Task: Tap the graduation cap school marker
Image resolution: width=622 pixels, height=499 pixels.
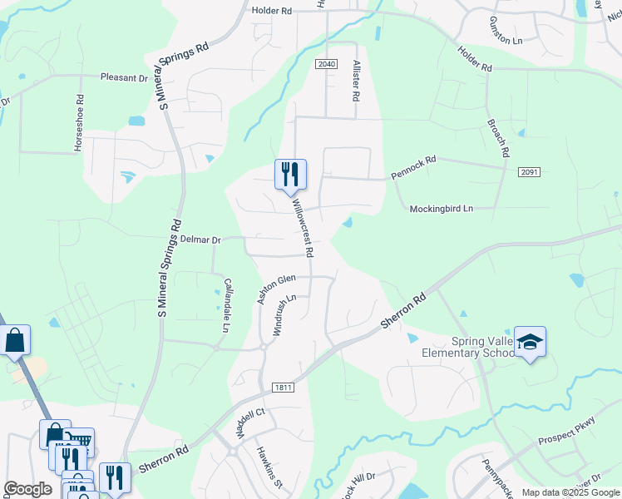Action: tap(530, 343)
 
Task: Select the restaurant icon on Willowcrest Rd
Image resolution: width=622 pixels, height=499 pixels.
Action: tap(290, 175)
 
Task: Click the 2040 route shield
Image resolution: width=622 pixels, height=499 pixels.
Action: tap(327, 64)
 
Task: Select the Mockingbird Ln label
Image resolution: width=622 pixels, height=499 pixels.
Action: tap(441, 209)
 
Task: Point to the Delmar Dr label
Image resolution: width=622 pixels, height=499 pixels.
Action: tap(200, 240)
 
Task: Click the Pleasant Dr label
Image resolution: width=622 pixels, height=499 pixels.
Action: tap(124, 77)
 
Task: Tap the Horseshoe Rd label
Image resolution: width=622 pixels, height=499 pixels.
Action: tap(80, 121)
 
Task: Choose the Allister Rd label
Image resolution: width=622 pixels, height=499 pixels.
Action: tap(355, 81)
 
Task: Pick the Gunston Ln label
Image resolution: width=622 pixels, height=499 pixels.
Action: tap(505, 31)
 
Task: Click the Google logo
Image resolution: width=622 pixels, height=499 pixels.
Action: tap(27, 488)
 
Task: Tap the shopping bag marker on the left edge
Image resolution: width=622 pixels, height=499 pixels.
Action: tap(14, 340)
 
